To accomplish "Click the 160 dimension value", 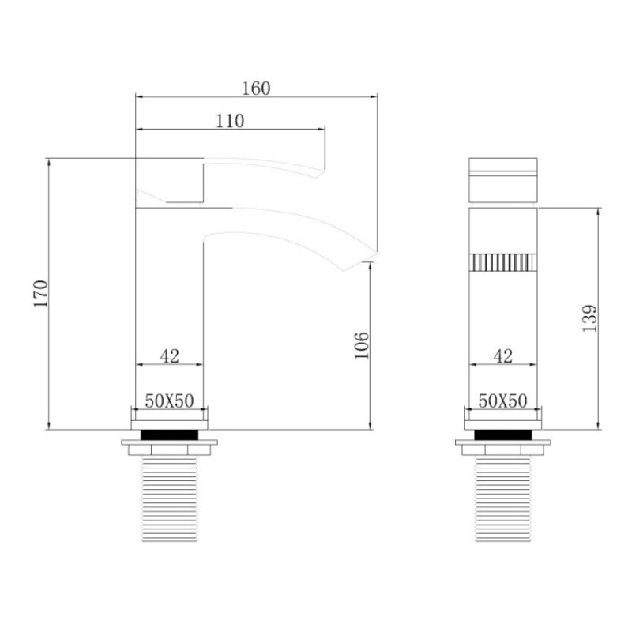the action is (x=256, y=88).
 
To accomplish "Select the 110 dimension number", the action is (x=230, y=121).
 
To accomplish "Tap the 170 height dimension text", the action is (x=41, y=293).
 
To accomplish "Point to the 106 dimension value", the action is (x=362, y=345).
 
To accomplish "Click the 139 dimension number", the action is (x=589, y=318).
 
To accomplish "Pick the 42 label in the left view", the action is (x=169, y=356).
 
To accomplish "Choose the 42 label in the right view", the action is (x=503, y=356).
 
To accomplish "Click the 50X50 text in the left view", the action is (x=169, y=401).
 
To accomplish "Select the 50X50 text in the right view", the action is (x=502, y=401).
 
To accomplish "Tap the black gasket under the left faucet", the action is (x=170, y=435).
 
